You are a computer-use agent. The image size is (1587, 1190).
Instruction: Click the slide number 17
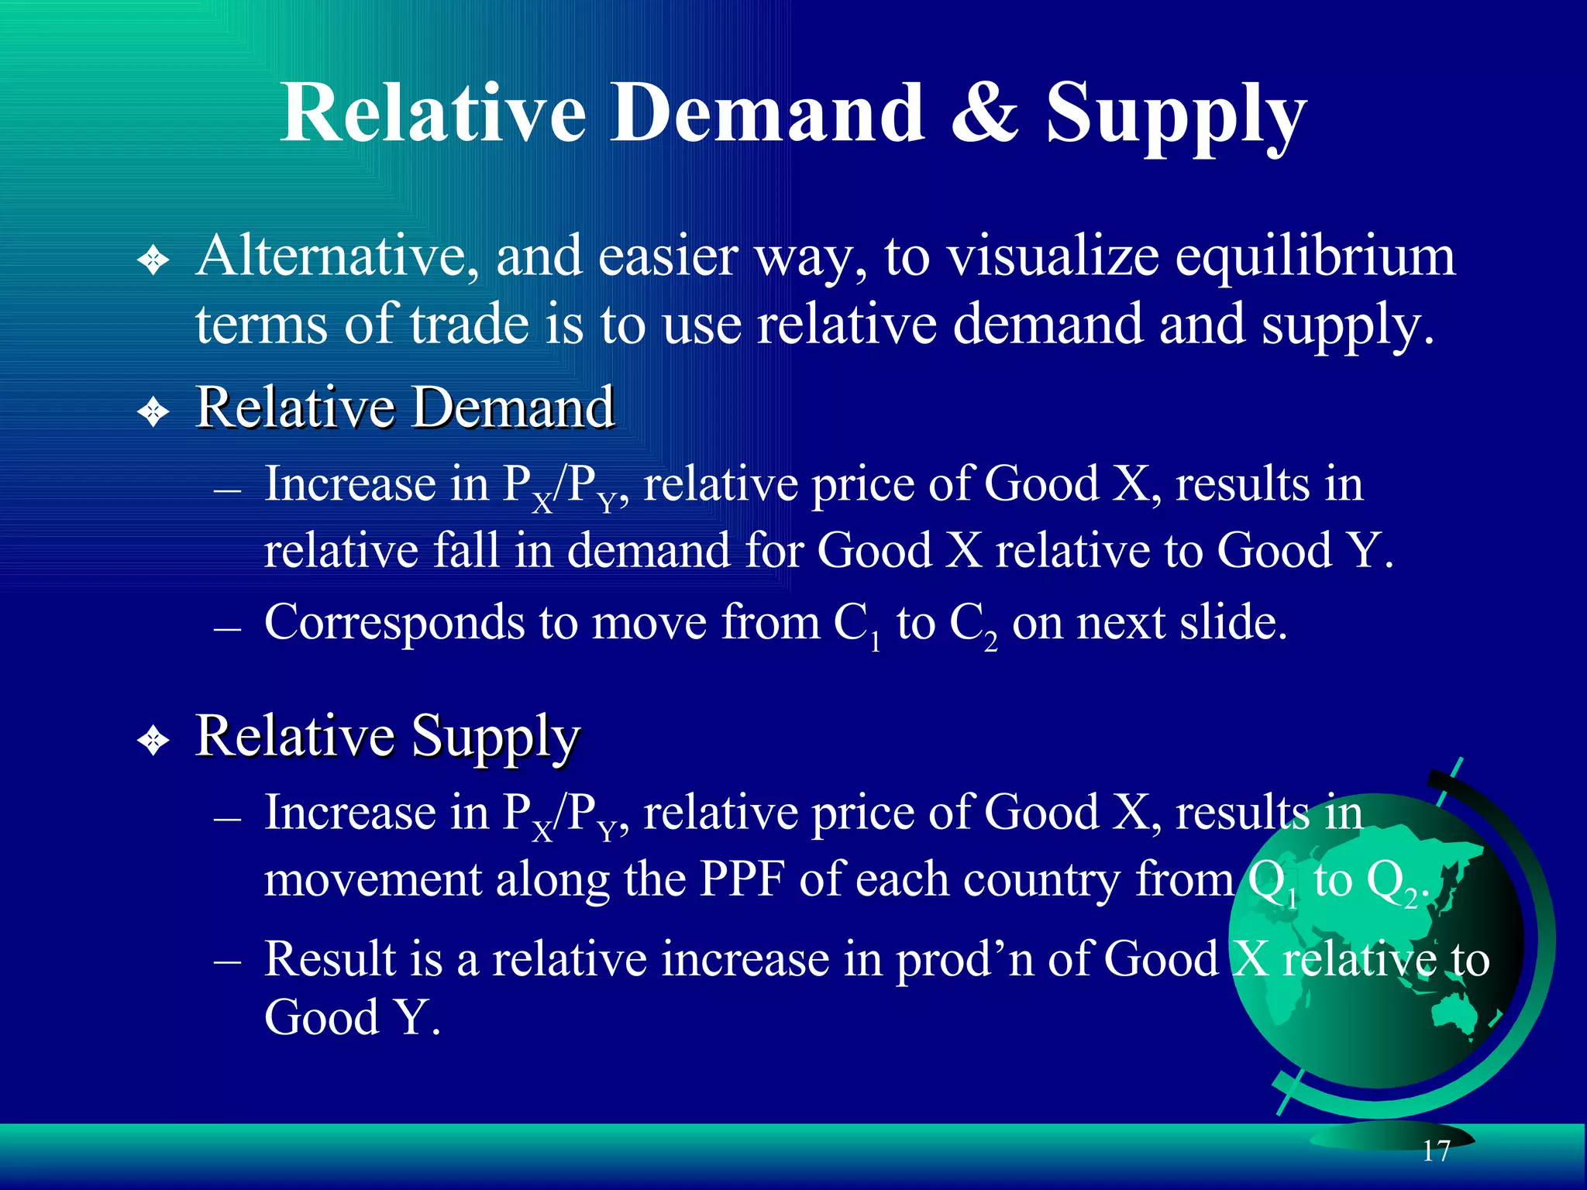tap(1436, 1150)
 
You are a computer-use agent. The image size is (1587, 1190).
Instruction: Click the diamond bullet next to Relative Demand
tap(153, 411)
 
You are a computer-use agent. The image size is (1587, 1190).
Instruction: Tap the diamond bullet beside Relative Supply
tap(153, 741)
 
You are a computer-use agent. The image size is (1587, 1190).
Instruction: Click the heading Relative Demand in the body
tap(404, 407)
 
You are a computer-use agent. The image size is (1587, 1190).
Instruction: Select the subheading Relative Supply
tap(387, 736)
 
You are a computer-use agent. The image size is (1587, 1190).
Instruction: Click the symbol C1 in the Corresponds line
tap(857, 624)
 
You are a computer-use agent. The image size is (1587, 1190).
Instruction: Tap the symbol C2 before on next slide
tap(973, 624)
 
